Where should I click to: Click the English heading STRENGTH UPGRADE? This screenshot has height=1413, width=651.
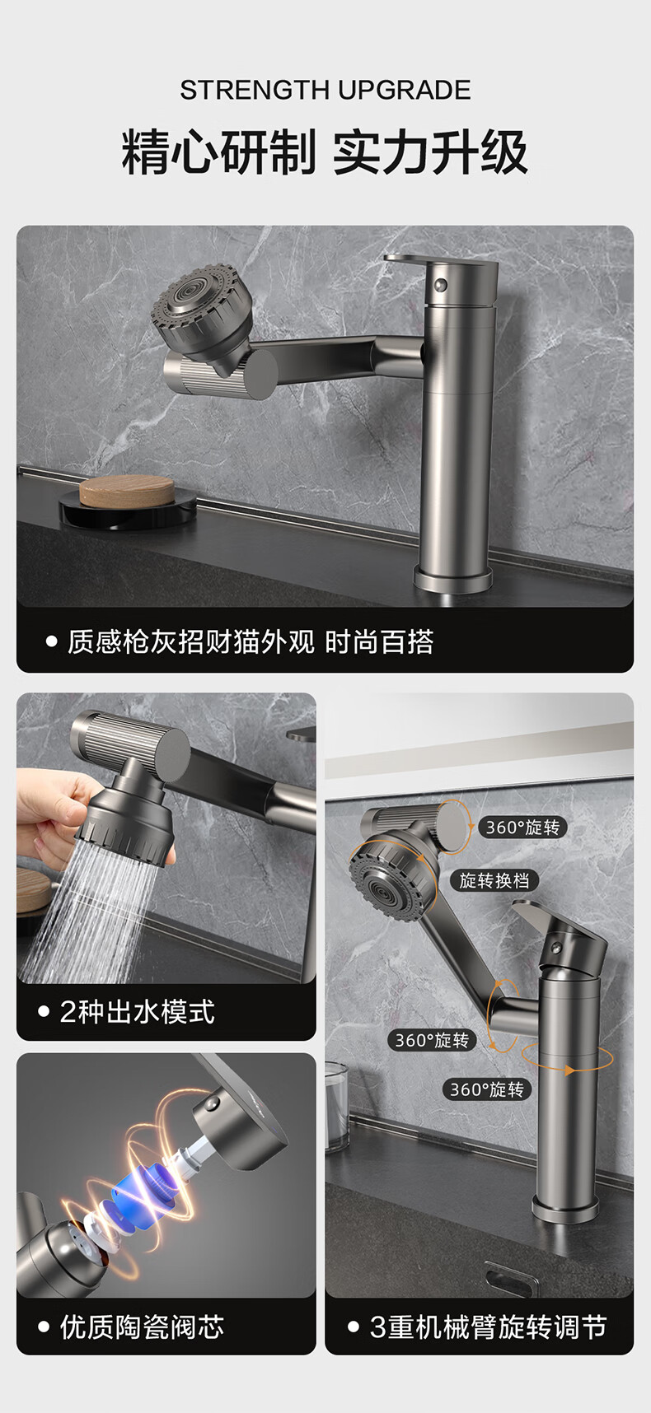click(325, 90)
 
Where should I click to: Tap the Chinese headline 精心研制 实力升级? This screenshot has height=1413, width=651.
click(325, 152)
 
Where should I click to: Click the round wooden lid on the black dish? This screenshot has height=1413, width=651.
click(127, 491)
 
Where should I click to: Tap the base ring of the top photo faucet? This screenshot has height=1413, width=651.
click(452, 577)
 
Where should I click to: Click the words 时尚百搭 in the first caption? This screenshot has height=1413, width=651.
click(379, 641)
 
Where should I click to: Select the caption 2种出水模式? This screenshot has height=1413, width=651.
click(137, 1011)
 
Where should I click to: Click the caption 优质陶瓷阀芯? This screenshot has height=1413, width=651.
click(142, 1327)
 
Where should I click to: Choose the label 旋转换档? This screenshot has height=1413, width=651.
click(494, 880)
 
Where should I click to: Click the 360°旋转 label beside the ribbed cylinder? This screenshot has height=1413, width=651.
click(522, 828)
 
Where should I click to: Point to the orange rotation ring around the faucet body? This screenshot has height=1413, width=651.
click(568, 1057)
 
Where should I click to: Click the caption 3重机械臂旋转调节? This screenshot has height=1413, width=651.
click(488, 1327)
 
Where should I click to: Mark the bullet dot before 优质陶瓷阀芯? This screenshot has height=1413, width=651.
click(44, 1327)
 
